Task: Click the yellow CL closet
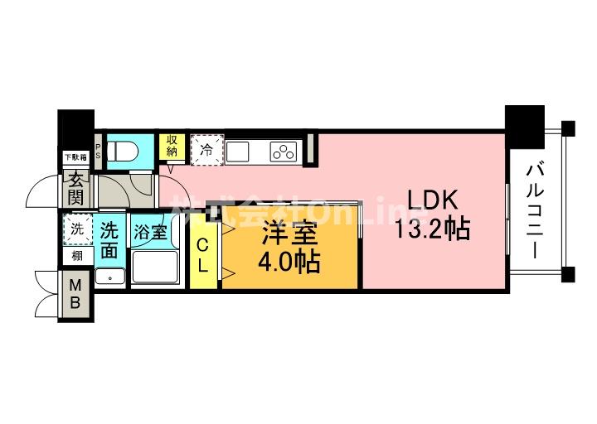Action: coord(201,255)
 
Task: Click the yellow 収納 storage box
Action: coord(172,146)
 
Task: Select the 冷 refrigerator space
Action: coord(206,151)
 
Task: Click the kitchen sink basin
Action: coord(239,152)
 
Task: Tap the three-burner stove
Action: coord(284,152)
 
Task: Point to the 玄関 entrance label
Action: coord(75,189)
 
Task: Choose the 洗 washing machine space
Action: coord(77,230)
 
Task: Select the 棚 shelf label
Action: coord(76,256)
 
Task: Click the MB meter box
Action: coord(75,294)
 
